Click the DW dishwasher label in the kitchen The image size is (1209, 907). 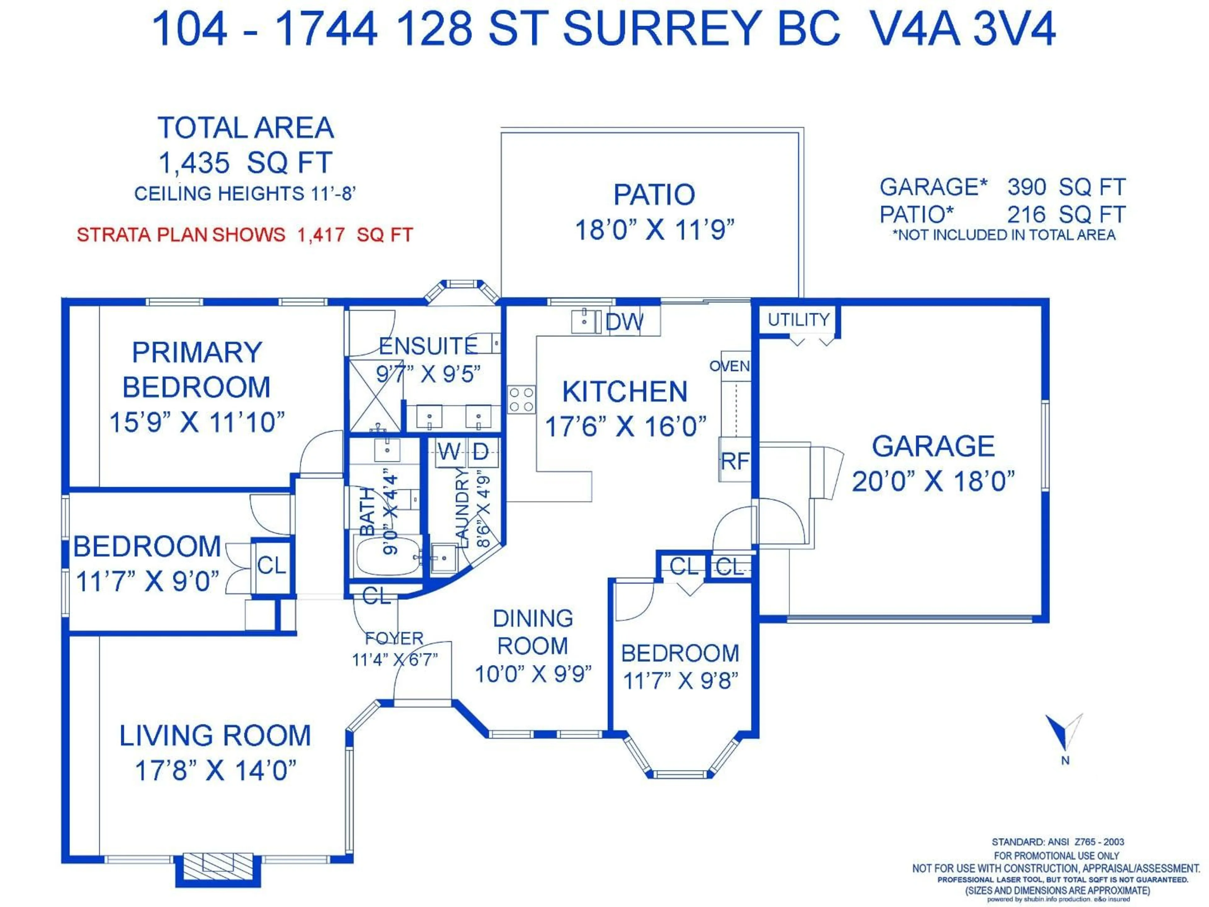[624, 322]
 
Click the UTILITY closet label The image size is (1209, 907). [798, 320]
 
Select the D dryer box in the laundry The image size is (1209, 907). [480, 452]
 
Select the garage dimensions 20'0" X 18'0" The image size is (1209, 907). [933, 482]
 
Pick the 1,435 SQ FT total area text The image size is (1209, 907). [245, 163]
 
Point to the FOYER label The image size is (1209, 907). [394, 638]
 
